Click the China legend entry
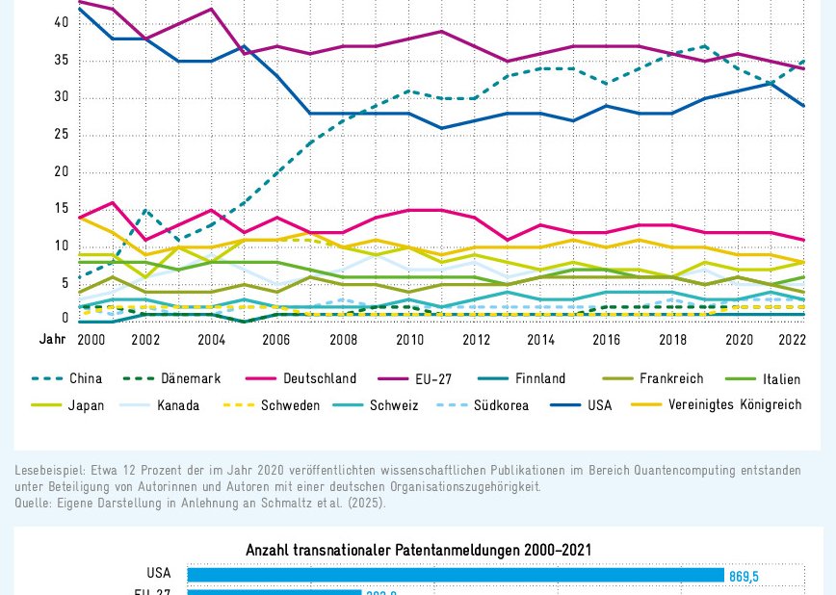pos(85,379)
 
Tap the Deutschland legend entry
pos(319,379)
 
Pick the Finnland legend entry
pos(539,379)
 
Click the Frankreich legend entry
pos(670,379)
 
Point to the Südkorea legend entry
pos(501,405)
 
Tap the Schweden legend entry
pos(290,405)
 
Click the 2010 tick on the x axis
pos(409,340)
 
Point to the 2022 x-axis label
pos(791,340)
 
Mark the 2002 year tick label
pos(145,340)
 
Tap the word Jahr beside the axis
pos(52,340)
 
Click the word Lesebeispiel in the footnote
pos(49,471)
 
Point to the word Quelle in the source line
pos(34,503)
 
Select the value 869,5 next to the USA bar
pos(744,576)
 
